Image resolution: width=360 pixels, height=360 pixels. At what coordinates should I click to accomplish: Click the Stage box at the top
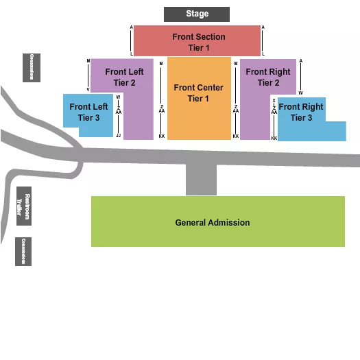[197, 14]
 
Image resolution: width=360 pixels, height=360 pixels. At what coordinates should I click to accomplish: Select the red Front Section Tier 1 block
[197, 41]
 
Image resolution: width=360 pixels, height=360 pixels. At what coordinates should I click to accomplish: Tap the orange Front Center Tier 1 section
[199, 113]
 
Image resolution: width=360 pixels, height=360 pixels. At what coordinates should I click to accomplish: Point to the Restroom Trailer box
[24, 206]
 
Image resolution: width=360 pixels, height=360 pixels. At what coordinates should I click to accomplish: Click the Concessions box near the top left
[31, 67]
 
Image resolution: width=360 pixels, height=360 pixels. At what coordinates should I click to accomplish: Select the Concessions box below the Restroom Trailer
[24, 252]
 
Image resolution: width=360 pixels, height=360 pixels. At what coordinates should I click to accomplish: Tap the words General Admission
[213, 222]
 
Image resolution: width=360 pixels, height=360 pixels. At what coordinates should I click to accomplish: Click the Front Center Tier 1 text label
[199, 93]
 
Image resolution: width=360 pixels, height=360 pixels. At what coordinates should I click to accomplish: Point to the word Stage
[197, 14]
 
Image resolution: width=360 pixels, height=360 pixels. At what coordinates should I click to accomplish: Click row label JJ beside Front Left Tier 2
[118, 136]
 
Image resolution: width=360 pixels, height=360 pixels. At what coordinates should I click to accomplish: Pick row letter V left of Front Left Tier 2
[88, 90]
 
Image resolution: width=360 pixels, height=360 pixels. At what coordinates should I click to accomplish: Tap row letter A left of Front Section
[131, 28]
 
